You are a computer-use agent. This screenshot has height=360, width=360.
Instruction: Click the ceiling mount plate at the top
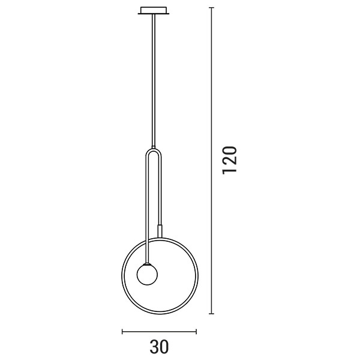coord(155,10)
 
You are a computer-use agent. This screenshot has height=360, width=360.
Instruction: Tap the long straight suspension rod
coord(155,78)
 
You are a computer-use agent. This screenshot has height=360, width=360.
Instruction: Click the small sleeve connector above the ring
coord(160,230)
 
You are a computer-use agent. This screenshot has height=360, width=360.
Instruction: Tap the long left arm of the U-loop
coord(146,204)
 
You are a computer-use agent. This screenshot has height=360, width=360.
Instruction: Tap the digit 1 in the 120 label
coord(230,171)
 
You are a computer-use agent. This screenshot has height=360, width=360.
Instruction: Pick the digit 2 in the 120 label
coord(230,160)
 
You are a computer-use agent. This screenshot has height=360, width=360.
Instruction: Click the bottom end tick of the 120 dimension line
coord(212,313)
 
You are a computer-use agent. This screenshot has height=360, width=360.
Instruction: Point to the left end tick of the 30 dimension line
coord(123,331)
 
